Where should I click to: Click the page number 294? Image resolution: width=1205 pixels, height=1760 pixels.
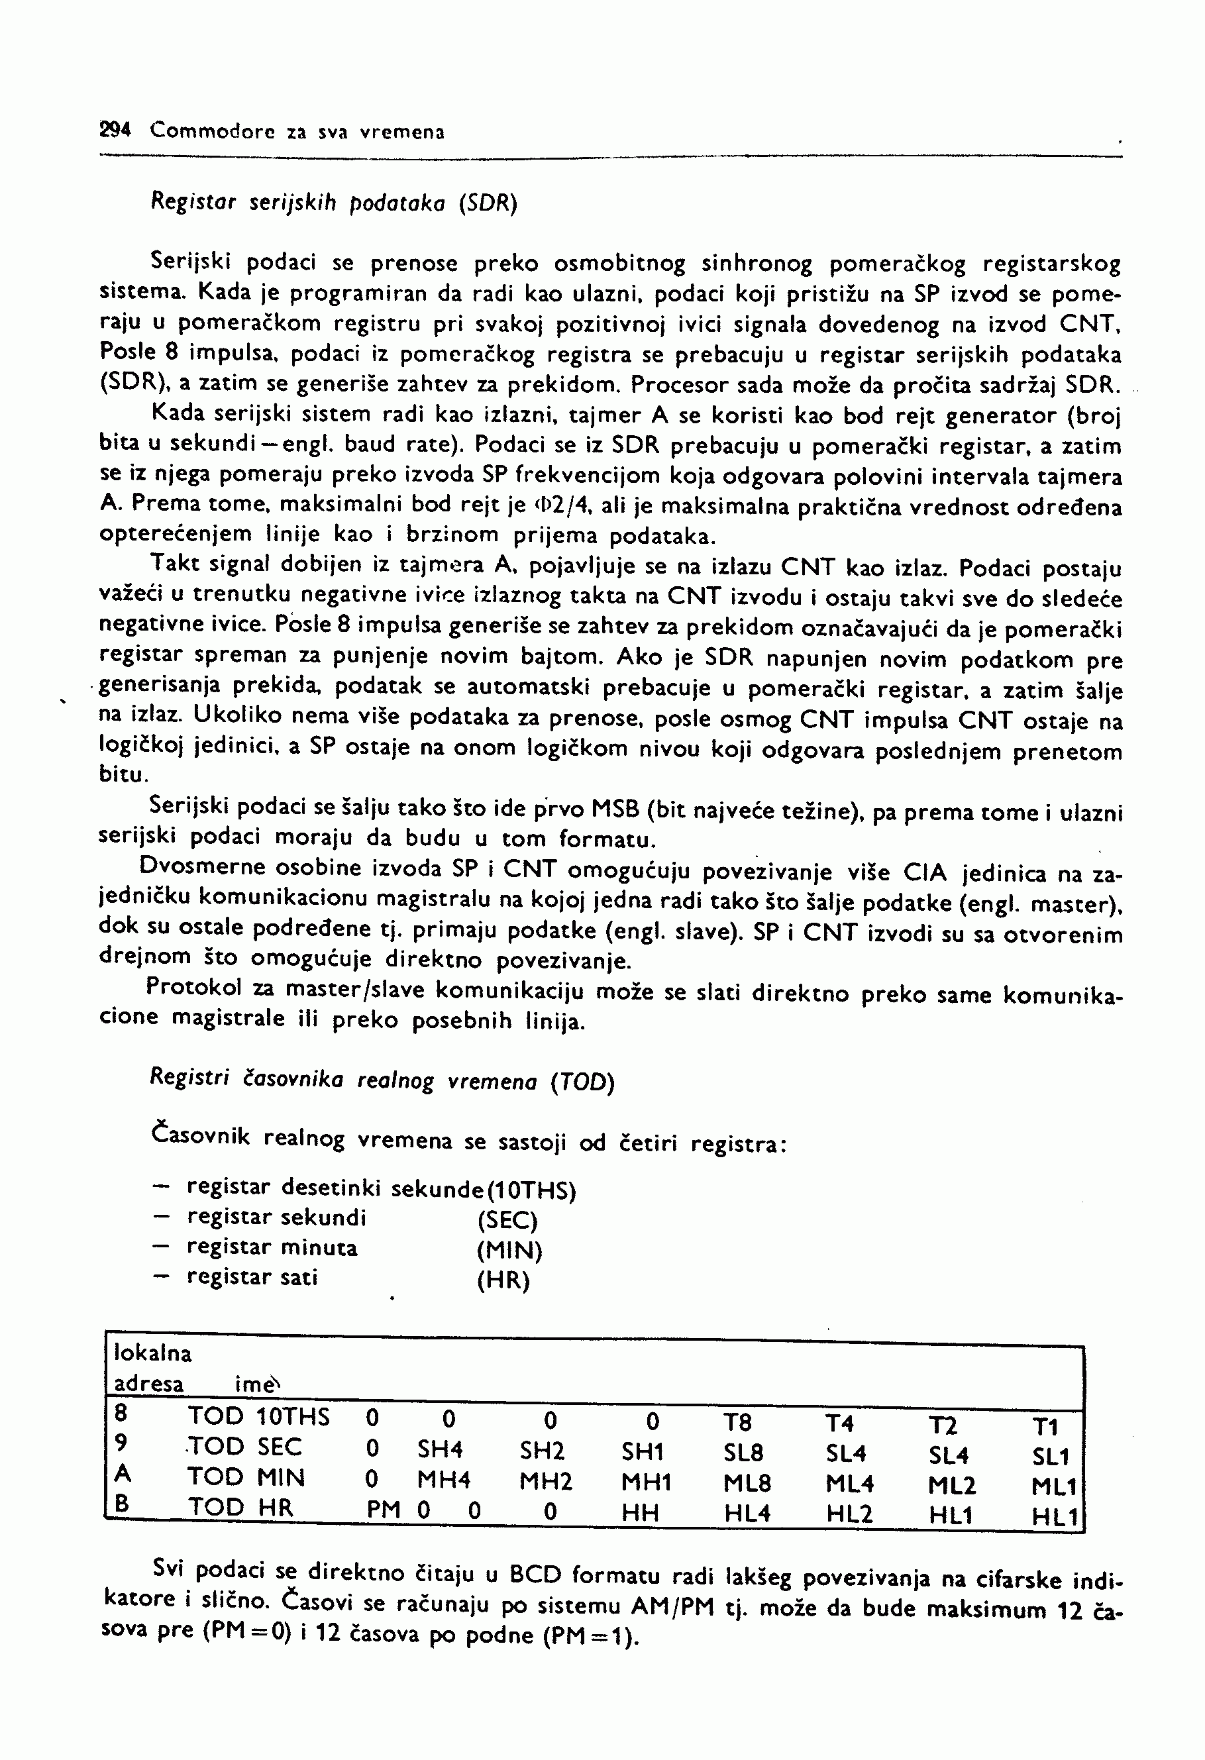115,130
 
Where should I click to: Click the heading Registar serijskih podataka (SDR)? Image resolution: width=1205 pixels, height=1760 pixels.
333,203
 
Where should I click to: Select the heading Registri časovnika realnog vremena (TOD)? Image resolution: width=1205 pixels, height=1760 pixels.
382,1079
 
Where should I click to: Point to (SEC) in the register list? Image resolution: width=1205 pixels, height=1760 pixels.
507,1220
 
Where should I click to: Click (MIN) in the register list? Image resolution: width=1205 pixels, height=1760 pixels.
509,1251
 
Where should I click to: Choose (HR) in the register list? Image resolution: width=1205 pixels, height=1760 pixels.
503,1280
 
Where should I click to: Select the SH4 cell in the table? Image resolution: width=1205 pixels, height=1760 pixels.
440,1449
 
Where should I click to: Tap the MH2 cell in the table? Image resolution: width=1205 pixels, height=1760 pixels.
545,1480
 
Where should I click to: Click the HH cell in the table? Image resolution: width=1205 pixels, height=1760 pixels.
640,1513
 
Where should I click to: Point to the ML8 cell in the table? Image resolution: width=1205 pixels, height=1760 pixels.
747,1484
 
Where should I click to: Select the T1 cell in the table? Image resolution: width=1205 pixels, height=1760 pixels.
1045,1427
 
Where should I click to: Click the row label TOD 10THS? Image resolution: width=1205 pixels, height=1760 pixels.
258,1416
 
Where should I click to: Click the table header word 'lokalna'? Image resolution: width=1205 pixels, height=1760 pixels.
152,1353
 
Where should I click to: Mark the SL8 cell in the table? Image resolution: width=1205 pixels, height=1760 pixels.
743,1453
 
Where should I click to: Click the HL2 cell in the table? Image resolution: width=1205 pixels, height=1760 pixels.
849,1514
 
